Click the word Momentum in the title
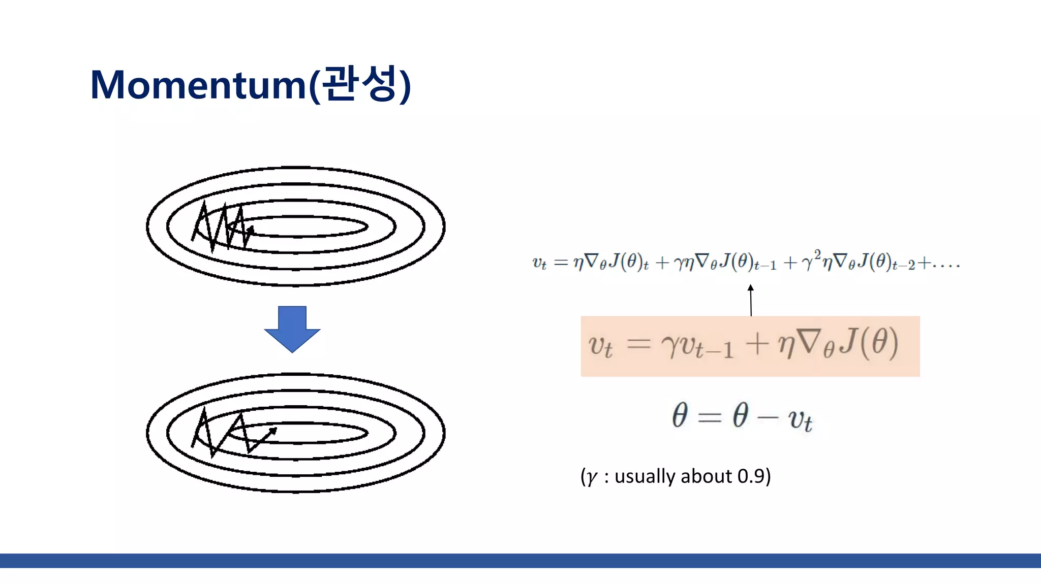(x=198, y=85)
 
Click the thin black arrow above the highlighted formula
(x=751, y=300)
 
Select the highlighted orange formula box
(x=750, y=346)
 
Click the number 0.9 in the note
(x=751, y=476)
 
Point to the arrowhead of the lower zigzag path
(x=273, y=431)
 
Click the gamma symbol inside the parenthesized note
(x=591, y=477)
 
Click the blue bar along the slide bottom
(x=520, y=561)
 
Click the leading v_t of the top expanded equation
(x=539, y=263)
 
